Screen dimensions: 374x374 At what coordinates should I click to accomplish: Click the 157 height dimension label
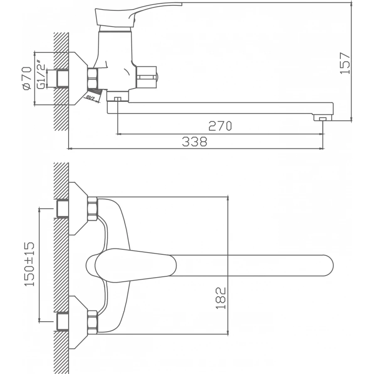[345, 63]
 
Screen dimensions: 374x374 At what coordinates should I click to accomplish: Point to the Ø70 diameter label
[27, 78]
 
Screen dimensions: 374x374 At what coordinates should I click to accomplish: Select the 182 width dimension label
[221, 297]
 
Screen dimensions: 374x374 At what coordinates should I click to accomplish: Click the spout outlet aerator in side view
[322, 119]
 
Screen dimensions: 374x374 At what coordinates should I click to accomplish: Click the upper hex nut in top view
[92, 208]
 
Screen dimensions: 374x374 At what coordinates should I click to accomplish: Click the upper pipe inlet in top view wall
[62, 209]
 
